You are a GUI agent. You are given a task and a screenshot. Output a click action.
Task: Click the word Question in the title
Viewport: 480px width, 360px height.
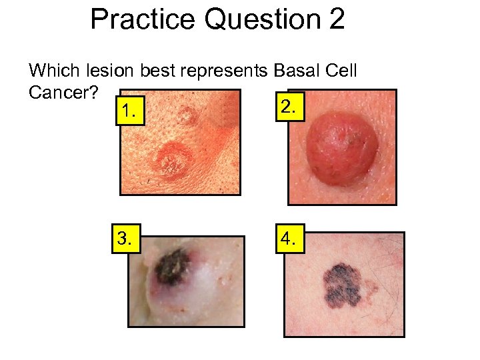264,20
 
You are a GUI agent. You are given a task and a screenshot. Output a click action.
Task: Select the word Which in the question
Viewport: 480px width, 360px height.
53,70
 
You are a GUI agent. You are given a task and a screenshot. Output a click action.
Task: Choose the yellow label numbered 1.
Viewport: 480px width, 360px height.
129,113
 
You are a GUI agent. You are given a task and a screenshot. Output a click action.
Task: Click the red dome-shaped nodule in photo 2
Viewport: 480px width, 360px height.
342,145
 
